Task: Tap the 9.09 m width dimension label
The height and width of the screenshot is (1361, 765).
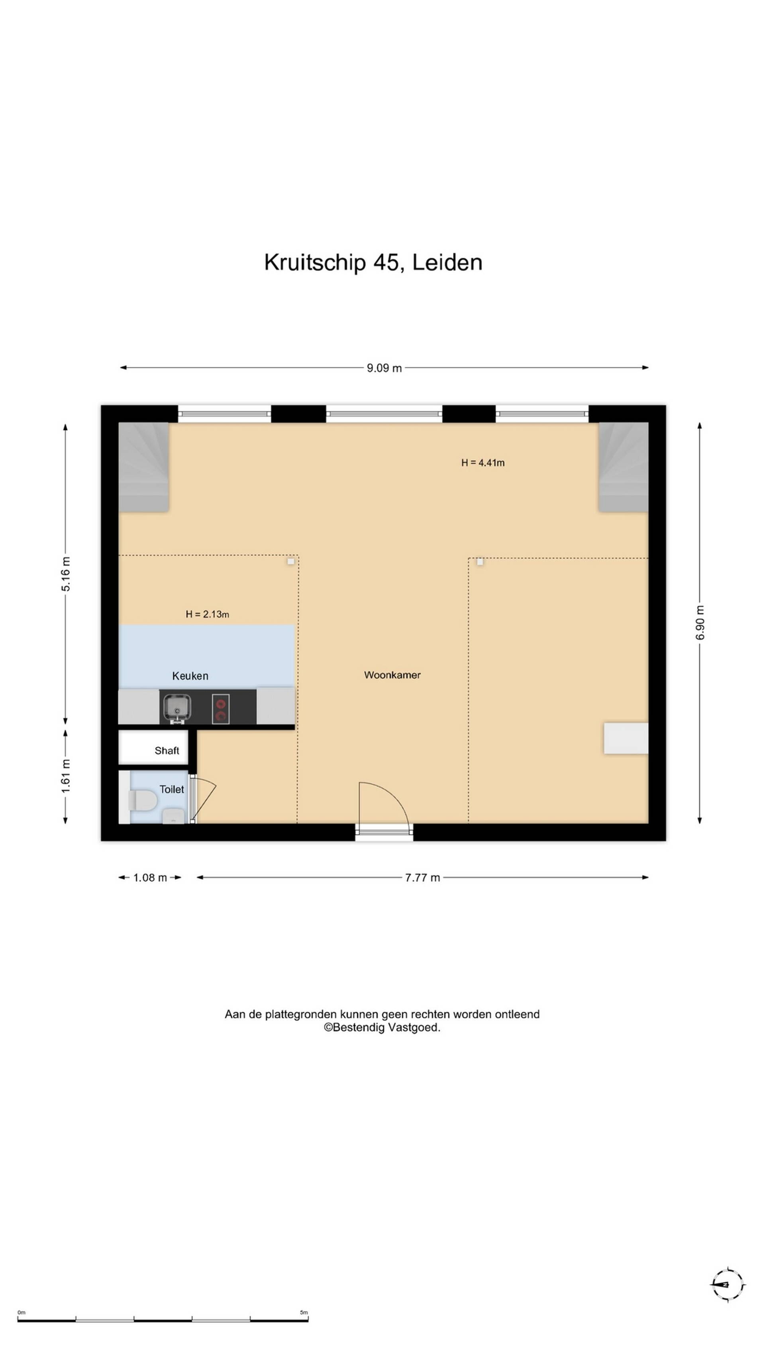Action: [384, 368]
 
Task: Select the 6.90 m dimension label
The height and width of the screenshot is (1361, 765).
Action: [700, 622]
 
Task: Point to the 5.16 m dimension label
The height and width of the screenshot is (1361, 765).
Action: [65, 574]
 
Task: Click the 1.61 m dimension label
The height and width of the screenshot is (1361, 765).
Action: [65, 776]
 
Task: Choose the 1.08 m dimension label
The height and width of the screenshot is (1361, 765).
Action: [150, 878]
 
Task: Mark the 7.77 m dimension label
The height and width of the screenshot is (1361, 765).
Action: [422, 878]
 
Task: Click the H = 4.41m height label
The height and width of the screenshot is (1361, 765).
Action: [483, 463]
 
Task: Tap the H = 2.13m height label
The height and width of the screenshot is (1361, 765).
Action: [207, 614]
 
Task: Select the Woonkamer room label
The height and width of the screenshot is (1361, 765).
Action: [392, 675]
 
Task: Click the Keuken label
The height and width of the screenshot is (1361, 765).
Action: [190, 676]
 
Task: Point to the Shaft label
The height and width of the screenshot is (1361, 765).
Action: [167, 751]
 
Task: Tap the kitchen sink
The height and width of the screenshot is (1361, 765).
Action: [177, 707]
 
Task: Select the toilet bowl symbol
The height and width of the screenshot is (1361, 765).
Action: [143, 800]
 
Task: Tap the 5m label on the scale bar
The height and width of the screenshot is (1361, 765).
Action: [304, 1312]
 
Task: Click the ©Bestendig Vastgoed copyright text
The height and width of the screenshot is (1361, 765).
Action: [382, 1027]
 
